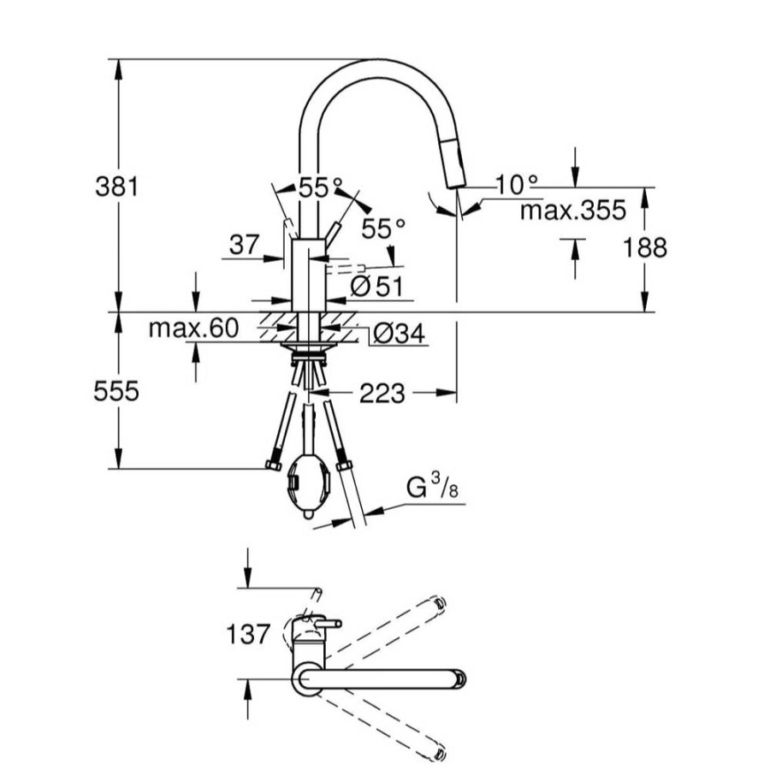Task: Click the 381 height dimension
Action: pyautogui.click(x=117, y=187)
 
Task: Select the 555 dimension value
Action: pyautogui.click(x=116, y=391)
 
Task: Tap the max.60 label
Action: pyautogui.click(x=193, y=328)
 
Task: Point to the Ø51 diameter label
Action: pyautogui.click(x=376, y=286)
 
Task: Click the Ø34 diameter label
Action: pyautogui.click(x=399, y=334)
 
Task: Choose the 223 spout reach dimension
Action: pyautogui.click(x=382, y=394)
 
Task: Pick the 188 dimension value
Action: pyautogui.click(x=645, y=247)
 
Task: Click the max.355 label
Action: pyautogui.click(x=573, y=210)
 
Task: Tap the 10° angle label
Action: pyautogui.click(x=517, y=185)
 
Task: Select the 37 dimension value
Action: pyautogui.click(x=244, y=244)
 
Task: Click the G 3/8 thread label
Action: pyautogui.click(x=432, y=487)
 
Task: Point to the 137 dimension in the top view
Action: pyautogui.click(x=248, y=633)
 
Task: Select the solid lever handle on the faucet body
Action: pyautogui.click(x=333, y=234)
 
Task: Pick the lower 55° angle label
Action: pyautogui.click(x=383, y=228)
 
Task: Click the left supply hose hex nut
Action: pyautogui.click(x=273, y=465)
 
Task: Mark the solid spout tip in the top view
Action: pyautogui.click(x=460, y=679)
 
